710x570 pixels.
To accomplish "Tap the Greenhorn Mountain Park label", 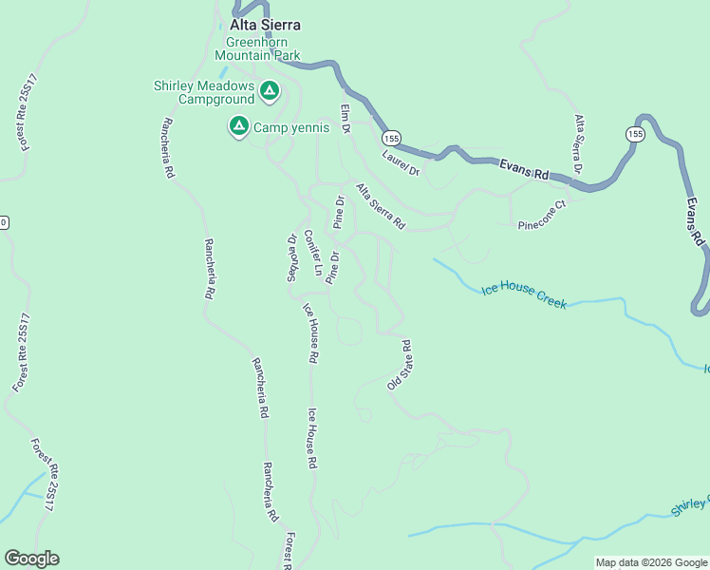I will click(263, 48).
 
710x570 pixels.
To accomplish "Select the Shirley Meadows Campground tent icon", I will click(269, 91).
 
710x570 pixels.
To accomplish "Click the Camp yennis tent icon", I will click(238, 125).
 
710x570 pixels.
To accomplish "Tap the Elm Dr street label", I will click(346, 118).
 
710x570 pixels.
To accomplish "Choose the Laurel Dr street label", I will click(401, 162).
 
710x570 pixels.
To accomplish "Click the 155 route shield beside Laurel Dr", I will click(393, 139).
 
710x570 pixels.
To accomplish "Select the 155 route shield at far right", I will click(633, 135).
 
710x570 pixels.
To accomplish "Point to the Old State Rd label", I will click(399, 366).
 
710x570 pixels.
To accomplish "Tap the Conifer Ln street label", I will click(313, 254).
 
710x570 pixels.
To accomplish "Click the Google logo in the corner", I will click(31, 558).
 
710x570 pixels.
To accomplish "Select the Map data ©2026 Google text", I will click(650, 562).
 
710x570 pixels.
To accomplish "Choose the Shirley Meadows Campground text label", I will click(204, 92).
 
